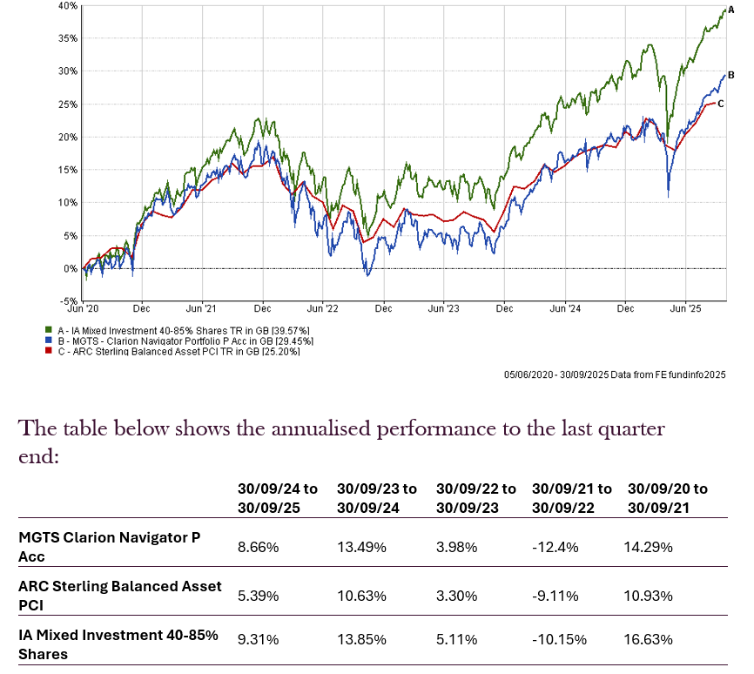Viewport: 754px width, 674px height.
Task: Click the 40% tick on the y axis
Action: (x=69, y=5)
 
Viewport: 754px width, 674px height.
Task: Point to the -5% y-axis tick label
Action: (x=69, y=301)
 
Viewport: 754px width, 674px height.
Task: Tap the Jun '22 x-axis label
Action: (x=323, y=308)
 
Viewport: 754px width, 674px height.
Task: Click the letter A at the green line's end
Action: (x=731, y=8)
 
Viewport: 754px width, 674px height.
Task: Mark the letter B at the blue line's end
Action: (x=731, y=75)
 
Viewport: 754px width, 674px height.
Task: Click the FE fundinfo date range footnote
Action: (x=614, y=374)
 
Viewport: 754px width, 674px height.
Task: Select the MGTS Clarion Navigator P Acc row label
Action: (x=110, y=547)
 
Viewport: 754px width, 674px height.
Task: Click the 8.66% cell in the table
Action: (x=258, y=548)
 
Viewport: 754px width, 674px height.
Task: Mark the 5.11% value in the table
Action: (x=456, y=640)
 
